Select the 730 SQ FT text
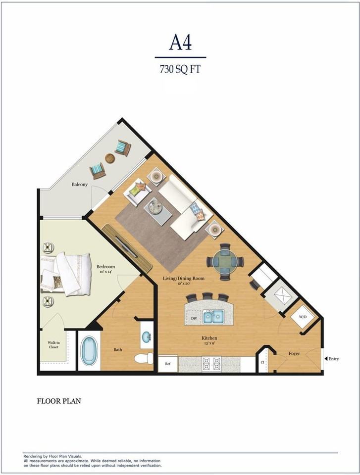[180, 69]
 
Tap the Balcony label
[80, 184]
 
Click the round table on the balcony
[110, 158]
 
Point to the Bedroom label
[105, 267]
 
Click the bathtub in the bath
[89, 351]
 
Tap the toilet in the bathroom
[144, 358]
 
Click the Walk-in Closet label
[53, 345]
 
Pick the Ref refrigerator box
[168, 364]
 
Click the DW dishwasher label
[195, 318]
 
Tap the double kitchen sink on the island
[213, 317]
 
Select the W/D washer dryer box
[303, 317]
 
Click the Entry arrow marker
[326, 359]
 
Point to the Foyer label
[294, 353]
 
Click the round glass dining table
[225, 261]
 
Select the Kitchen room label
[209, 338]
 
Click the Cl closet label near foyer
[262, 362]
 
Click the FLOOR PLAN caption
[59, 401]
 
